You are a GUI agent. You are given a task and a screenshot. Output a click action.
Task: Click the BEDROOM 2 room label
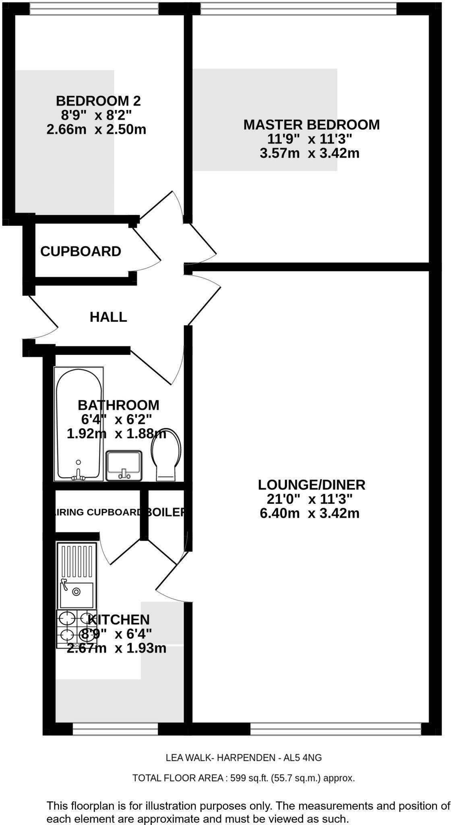98,100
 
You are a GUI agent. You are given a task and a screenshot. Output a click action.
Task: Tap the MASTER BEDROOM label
311,124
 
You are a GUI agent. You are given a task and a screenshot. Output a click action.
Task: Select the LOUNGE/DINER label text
311,485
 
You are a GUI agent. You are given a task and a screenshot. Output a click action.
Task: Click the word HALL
108,317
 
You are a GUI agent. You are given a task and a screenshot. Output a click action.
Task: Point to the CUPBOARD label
81,251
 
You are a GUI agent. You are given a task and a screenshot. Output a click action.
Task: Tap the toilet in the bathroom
166,455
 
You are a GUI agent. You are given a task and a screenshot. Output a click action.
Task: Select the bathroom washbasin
124,465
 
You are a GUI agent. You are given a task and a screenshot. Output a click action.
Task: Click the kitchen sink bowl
77,595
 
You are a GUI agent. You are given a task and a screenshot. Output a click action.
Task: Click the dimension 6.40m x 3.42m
309,514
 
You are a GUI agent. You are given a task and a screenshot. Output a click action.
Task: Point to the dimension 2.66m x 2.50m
96,130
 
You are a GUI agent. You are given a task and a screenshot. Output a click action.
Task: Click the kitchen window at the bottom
115,729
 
